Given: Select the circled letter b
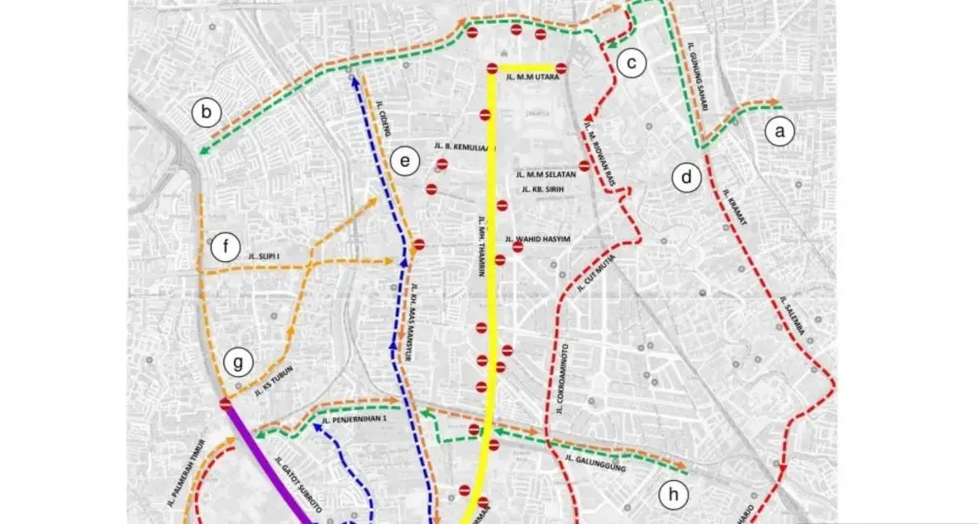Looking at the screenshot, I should tap(206, 113).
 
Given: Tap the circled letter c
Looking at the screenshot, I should tap(631, 63).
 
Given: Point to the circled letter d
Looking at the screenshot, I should tap(686, 178).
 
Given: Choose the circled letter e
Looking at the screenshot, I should tap(404, 161).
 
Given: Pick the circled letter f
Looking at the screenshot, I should tap(224, 246).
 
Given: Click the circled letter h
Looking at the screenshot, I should tap(674, 494).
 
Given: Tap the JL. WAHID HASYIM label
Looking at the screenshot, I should tap(541, 240).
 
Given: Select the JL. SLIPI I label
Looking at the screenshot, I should tap(263, 257).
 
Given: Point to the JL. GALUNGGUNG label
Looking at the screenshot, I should tap(595, 463).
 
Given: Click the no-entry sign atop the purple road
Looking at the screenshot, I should tap(226, 404).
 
